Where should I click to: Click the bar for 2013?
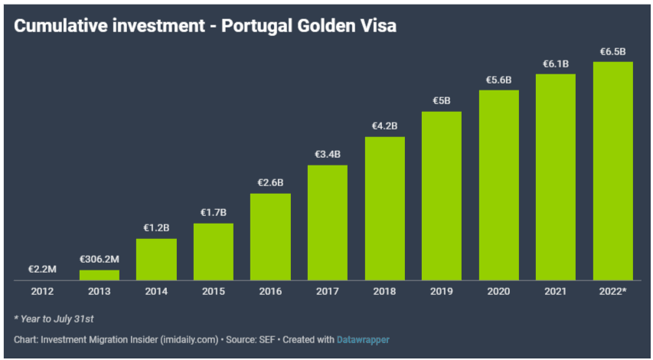pos(99,275)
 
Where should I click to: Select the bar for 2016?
pos(270,237)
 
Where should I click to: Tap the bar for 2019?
pos(441,195)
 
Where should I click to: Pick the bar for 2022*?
pos(612,171)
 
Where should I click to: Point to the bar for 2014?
pos(156,260)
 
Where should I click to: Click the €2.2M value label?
pos(42,270)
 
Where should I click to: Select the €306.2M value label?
pos(99,259)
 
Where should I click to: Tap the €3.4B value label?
pos(327,154)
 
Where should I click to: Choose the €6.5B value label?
pos(612,51)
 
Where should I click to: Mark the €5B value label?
pos(441,100)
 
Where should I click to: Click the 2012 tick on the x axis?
pos(42,291)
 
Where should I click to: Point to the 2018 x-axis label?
pos(384,291)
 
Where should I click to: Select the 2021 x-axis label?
pos(556,291)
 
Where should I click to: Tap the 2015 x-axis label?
pos(213,291)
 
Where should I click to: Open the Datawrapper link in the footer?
pos(364,339)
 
